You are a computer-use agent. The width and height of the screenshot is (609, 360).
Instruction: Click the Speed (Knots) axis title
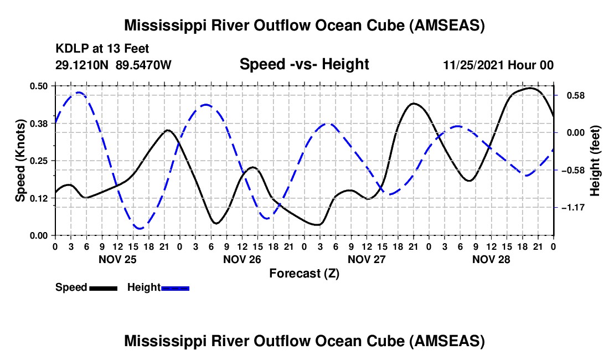[x=20, y=161]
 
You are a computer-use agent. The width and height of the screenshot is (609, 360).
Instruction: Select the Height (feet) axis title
[x=595, y=161]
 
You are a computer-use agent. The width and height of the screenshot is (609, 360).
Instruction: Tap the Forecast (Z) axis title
[x=304, y=274]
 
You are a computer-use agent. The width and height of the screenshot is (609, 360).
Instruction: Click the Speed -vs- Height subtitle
[x=304, y=64]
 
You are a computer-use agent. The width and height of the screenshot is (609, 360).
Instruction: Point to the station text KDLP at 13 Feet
[x=102, y=49]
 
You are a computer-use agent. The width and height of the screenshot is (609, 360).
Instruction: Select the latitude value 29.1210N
[x=82, y=65]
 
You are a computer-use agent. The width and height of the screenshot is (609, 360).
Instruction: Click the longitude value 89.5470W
[x=143, y=65]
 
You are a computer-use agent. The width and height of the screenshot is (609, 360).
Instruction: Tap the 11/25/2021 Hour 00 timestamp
[x=498, y=65]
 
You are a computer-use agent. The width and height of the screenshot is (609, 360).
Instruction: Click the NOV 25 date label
[x=117, y=259]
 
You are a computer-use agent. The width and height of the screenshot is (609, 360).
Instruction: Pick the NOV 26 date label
[x=242, y=259]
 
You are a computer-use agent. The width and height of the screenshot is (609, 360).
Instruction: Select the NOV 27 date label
[x=367, y=259]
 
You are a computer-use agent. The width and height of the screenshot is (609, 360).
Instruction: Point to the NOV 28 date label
[x=491, y=259]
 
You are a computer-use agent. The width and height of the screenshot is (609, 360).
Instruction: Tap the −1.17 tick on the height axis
[x=573, y=208]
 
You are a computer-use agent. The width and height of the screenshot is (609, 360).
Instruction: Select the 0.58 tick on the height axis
[x=576, y=95]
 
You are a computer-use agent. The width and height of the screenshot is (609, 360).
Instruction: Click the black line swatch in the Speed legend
[x=104, y=288]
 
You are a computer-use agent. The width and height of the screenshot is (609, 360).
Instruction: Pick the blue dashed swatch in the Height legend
[x=175, y=288]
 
